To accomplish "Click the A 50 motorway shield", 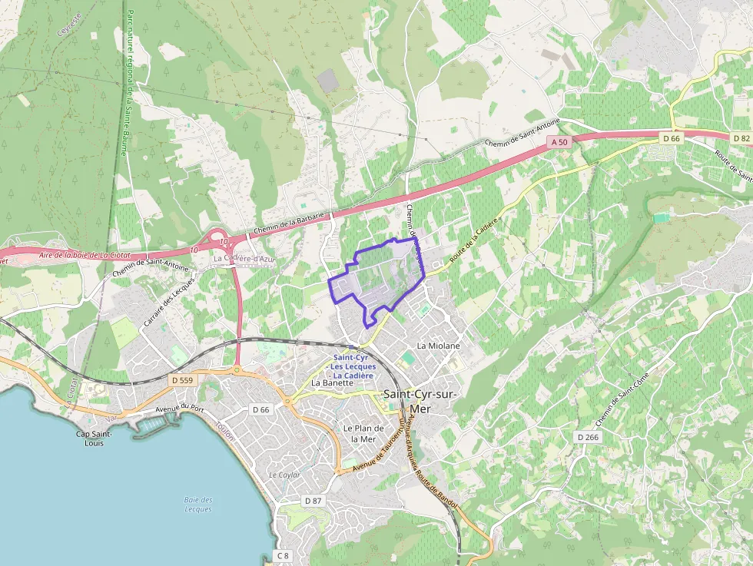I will (559, 143).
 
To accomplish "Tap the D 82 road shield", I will (741, 138).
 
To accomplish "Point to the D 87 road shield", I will (312, 501).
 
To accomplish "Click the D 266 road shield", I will (588, 437).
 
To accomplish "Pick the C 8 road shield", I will (283, 556).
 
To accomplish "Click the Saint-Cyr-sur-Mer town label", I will (420, 401).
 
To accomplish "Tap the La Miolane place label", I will (438, 346).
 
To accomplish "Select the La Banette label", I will (332, 382).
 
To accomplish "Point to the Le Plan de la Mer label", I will (363, 433).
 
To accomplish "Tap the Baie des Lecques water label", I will (198, 505).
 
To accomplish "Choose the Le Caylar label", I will (284, 475).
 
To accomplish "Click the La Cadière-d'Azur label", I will (244, 260).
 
